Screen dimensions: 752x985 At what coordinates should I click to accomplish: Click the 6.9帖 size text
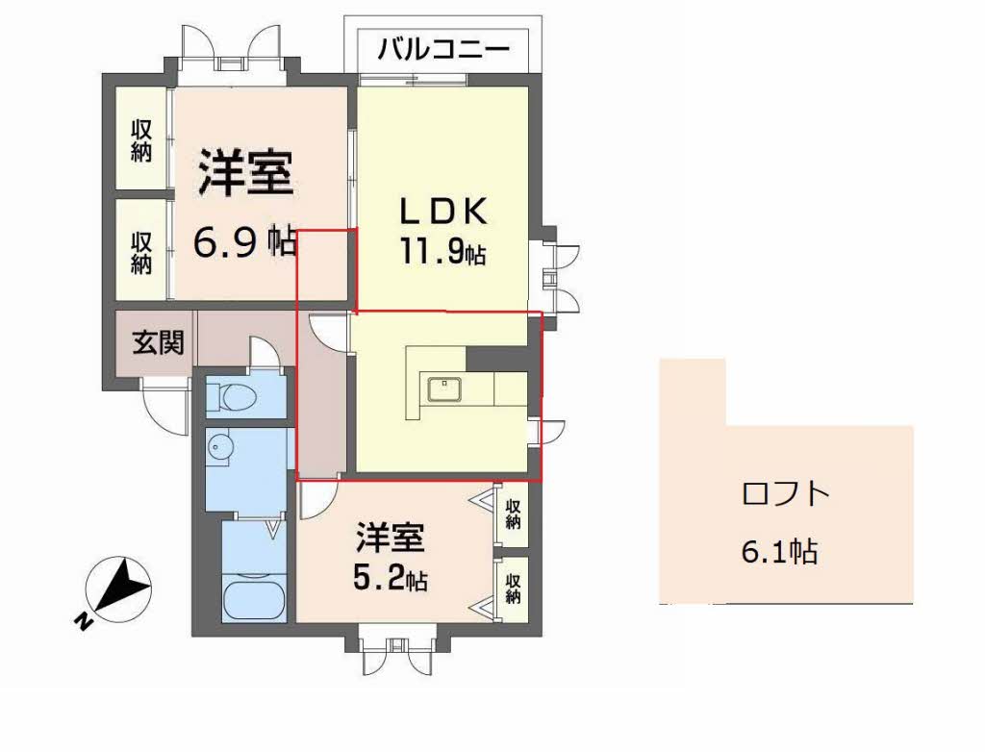pyautogui.click(x=244, y=242)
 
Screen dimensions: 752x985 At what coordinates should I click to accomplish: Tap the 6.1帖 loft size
pyautogui.click(x=780, y=551)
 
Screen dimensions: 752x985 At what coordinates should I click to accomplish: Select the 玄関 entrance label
pyautogui.click(x=158, y=342)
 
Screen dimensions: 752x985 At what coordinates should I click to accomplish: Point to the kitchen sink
pyautogui.click(x=445, y=389)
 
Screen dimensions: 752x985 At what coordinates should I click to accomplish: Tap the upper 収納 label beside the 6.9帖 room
pyautogui.click(x=142, y=140)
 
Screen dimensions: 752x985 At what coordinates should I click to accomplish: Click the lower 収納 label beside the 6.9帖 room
pyautogui.click(x=142, y=251)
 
